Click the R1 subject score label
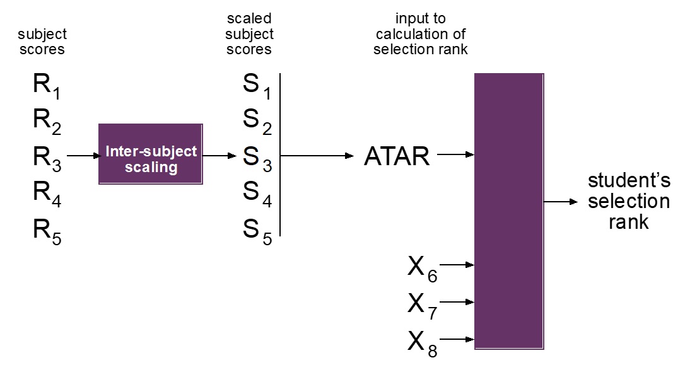pos(47,86)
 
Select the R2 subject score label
pos(47,122)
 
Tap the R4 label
pos(47,194)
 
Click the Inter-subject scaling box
pos(151,154)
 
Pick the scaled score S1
pos(257,86)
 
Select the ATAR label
pos(397,156)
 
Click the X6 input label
pos(423,269)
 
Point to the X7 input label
pos(423,306)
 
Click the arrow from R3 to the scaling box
pos(83,156)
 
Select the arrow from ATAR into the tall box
pos(456,154)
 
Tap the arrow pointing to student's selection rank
pos(561,202)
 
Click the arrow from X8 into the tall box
pos(457,340)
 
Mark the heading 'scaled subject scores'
pos(249,34)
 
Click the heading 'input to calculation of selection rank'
pos(421,34)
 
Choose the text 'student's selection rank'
pos(629,202)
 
